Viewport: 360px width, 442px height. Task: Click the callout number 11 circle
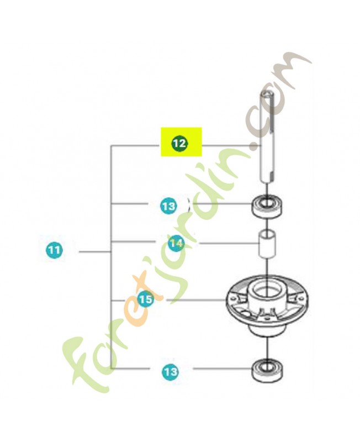click(x=54, y=250)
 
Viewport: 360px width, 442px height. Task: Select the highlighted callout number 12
click(x=179, y=143)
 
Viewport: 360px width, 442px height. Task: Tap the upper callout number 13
click(x=169, y=206)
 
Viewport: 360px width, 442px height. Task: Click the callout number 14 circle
click(x=176, y=243)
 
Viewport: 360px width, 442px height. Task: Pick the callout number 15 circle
click(x=146, y=299)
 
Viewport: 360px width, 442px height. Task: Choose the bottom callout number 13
click(x=170, y=371)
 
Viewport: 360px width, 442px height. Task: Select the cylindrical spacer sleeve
click(x=267, y=244)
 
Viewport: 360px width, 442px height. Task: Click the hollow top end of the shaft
click(x=267, y=96)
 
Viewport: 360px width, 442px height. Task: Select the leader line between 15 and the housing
click(x=196, y=300)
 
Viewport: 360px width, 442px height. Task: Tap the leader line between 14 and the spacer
click(x=229, y=243)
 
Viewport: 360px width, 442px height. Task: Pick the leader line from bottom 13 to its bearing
click(x=222, y=368)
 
